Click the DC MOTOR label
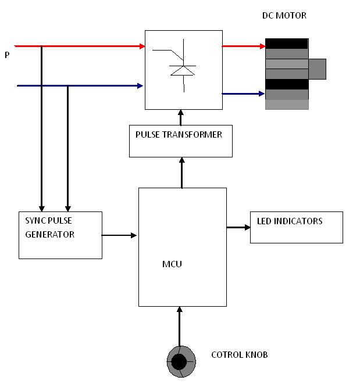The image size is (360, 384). click(284, 16)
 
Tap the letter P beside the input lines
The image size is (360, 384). click(7, 55)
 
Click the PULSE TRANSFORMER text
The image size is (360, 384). click(179, 134)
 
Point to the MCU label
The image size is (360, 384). click(172, 264)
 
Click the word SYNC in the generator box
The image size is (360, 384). click(35, 220)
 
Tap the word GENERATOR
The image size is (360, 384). click(50, 234)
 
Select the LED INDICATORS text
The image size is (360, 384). click(290, 221)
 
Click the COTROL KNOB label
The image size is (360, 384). click(240, 354)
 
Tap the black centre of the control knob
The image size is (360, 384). click(179, 362)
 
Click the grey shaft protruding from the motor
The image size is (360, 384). click(317, 69)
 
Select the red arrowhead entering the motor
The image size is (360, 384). click(262, 46)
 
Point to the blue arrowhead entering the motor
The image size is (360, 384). click(262, 94)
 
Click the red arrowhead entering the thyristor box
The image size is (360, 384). click(142, 46)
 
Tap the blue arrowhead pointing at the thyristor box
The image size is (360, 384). click(140, 86)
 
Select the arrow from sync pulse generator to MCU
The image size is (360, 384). click(119, 235)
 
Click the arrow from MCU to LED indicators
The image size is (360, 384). click(238, 228)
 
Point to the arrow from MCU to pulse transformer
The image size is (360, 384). click(181, 173)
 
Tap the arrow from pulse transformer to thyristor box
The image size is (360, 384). click(181, 117)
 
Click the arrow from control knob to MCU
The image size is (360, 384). click(180, 326)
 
